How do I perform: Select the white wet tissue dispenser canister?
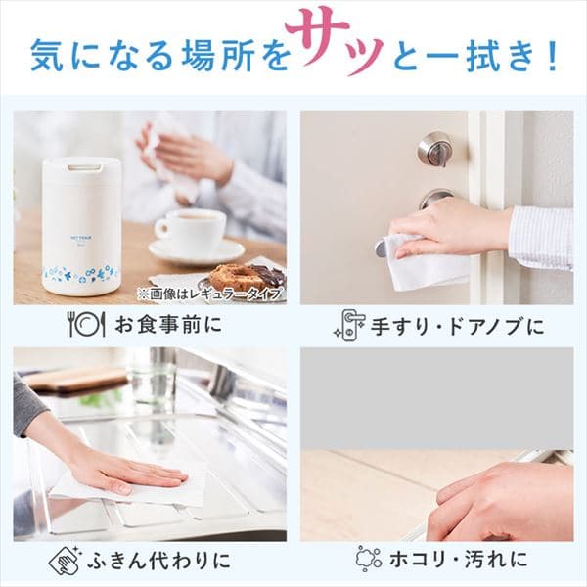pos(81,225)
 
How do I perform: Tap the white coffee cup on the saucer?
pos(191,232)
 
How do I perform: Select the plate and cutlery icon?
pos(85,324)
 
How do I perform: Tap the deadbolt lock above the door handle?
pos(433,149)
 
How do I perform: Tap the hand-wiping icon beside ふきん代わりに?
pos(65,561)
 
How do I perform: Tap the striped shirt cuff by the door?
pos(540,238)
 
